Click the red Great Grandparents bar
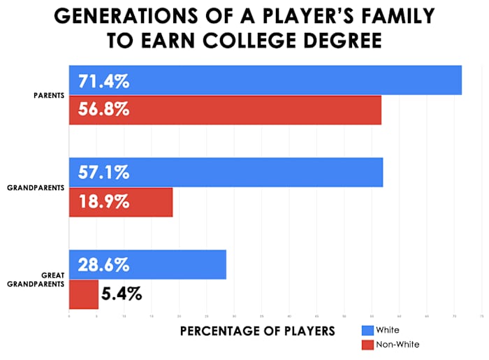83,294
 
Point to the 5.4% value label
122,294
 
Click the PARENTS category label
48,96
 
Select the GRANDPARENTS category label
36,188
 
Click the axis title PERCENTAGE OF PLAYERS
258,330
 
